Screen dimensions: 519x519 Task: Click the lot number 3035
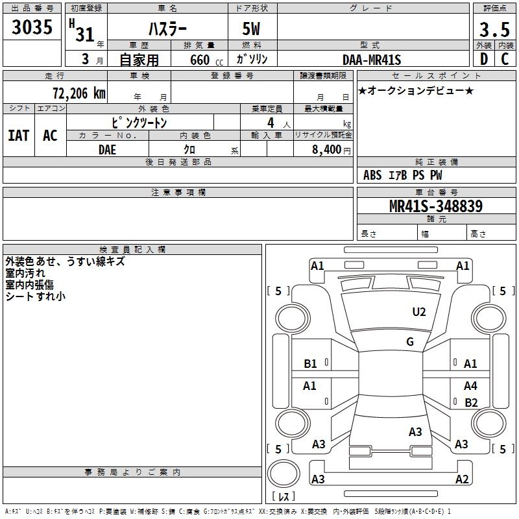click(32, 27)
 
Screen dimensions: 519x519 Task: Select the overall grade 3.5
click(494, 30)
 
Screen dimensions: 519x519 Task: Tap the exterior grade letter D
click(484, 59)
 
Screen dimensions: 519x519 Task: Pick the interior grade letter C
click(505, 59)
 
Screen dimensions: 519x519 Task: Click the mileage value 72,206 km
click(79, 93)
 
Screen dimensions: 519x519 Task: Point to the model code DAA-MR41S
click(372, 60)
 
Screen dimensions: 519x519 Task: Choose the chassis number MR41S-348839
click(436, 206)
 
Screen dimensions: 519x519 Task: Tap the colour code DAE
click(107, 150)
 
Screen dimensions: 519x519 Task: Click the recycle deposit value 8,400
click(326, 150)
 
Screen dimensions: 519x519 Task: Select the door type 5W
click(251, 29)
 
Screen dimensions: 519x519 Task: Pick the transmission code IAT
click(19, 136)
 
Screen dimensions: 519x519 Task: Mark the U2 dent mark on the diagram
click(419, 312)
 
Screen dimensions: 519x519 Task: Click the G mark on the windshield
click(410, 342)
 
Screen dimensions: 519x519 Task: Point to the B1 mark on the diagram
click(311, 364)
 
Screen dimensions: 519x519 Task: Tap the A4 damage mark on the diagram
click(470, 385)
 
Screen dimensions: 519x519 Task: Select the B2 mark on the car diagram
click(471, 402)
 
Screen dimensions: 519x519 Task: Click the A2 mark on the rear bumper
click(462, 479)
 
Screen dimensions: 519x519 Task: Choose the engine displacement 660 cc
click(206, 60)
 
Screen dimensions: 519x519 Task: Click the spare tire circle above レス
click(284, 474)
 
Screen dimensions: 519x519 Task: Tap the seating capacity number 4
click(271, 123)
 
